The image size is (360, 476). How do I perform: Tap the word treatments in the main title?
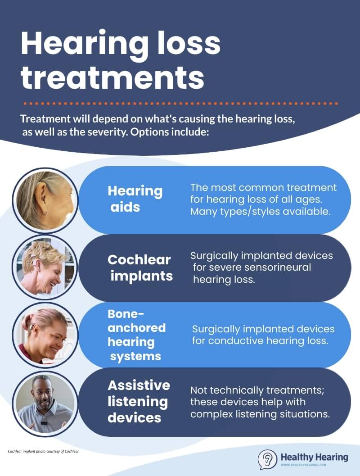coord(112,77)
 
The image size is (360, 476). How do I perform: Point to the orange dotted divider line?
coord(181,104)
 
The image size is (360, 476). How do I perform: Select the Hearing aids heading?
coord(135,199)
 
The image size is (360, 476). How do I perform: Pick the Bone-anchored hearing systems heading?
coord(136,335)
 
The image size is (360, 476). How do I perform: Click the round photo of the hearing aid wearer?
coord(45,200)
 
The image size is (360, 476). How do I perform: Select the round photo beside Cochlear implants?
coord(45,267)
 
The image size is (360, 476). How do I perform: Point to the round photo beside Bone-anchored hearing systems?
coord(45,335)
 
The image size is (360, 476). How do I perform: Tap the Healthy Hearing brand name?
coord(314,457)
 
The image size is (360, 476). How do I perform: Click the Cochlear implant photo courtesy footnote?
coord(44,451)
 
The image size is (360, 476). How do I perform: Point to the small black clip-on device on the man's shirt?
coord(44,423)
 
